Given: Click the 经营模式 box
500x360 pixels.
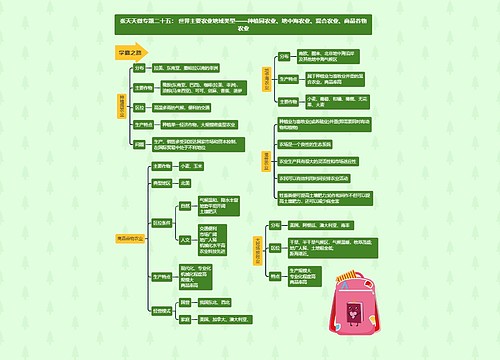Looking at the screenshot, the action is coord(161,311).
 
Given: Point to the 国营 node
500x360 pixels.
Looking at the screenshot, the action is coord(187,302).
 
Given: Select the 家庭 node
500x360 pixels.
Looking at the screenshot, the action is coord(186,318).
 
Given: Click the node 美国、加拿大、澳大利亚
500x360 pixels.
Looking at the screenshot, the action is coord(224,318).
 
